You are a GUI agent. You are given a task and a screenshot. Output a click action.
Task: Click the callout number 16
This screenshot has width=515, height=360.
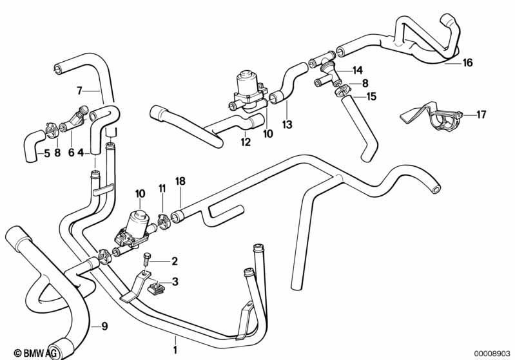click(467, 62)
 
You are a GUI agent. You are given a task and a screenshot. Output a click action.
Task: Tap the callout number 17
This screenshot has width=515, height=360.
click(481, 115)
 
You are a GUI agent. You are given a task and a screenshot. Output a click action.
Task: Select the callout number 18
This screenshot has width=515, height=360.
click(180, 181)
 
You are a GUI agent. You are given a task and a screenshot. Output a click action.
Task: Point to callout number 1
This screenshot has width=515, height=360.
click(175, 350)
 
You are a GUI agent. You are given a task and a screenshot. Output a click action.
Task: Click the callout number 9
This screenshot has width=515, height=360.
click(104, 327)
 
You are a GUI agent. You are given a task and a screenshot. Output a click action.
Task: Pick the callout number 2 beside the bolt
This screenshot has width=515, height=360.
click(175, 261)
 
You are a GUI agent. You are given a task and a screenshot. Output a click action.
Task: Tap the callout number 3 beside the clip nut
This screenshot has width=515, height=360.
click(175, 281)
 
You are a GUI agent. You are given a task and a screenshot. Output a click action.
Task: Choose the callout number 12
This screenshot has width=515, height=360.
click(246, 142)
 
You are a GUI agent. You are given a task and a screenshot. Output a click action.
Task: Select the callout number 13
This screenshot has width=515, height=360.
click(287, 124)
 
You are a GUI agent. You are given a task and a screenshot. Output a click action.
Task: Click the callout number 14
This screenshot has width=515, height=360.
click(358, 70)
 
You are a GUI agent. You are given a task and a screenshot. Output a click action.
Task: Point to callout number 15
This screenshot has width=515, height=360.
click(371, 97)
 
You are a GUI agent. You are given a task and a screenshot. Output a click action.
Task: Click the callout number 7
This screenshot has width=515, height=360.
click(79, 90)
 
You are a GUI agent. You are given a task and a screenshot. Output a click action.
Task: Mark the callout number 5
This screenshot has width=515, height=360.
click(46, 153)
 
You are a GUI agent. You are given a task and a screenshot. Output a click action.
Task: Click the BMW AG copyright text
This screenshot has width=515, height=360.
click(37, 353)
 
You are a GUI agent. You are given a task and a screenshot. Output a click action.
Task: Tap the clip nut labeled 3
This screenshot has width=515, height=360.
click(157, 288)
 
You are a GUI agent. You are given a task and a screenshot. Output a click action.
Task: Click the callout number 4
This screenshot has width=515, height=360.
click(81, 153)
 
